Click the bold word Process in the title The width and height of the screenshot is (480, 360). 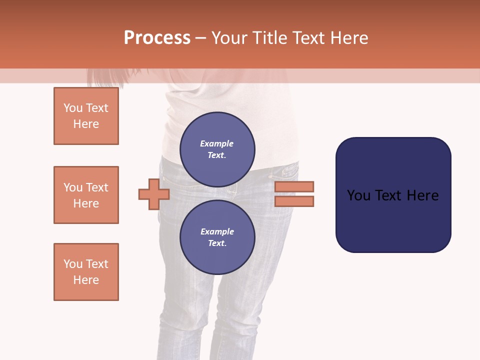coord(157,38)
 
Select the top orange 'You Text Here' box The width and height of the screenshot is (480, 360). coord(86,116)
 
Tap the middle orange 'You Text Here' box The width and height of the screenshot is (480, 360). coord(86,195)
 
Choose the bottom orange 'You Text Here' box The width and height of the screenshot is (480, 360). coord(86,272)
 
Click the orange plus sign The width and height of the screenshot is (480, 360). coord(154,194)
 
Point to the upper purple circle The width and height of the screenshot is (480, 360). coord(217,149)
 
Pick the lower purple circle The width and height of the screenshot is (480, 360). coord(217,237)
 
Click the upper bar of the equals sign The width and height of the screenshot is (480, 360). coord(294,186)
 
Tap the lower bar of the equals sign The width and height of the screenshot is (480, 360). coord(294,201)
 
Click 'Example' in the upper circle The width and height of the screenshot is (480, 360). coord(217,144)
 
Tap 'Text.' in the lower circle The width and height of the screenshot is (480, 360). coord(217,243)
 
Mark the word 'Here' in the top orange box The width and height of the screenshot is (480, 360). coord(86,124)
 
